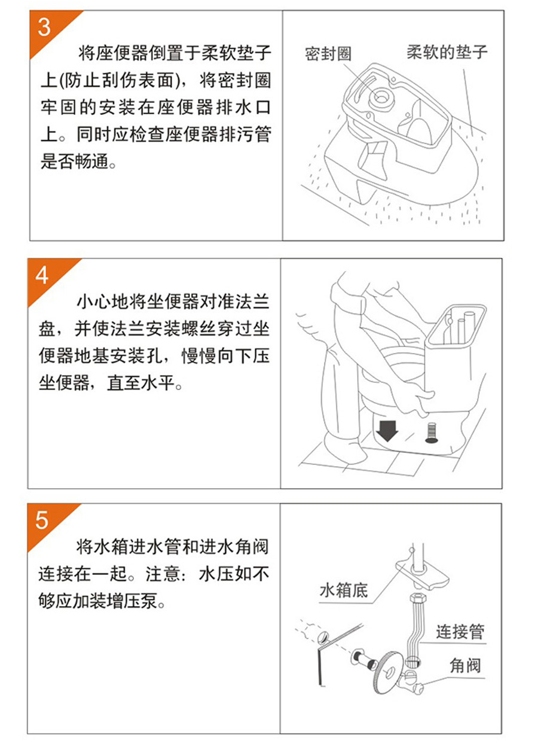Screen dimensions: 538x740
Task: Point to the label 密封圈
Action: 328,54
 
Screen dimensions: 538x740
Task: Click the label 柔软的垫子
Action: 447,52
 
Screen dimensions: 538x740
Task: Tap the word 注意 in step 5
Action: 163,574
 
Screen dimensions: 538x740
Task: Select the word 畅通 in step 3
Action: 91,162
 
